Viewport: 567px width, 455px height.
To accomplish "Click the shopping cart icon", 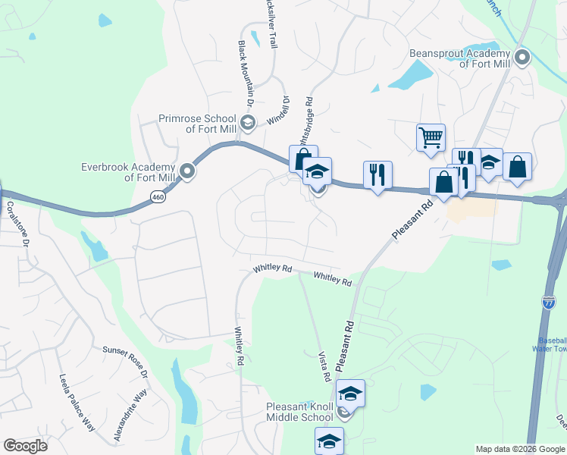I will point(431,137).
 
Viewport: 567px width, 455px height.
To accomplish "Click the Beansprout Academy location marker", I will point(522,58).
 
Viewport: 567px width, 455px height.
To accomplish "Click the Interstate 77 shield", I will point(549,303).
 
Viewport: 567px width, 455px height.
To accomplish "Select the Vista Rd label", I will point(324,366).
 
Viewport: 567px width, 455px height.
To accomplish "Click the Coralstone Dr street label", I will point(16,224).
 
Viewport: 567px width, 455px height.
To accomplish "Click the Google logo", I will point(25,446).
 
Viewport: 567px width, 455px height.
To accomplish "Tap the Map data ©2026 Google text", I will point(519,449).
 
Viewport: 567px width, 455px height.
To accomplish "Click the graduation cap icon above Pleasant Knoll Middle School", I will point(350,393).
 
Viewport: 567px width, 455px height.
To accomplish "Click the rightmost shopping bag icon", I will point(517,167).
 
